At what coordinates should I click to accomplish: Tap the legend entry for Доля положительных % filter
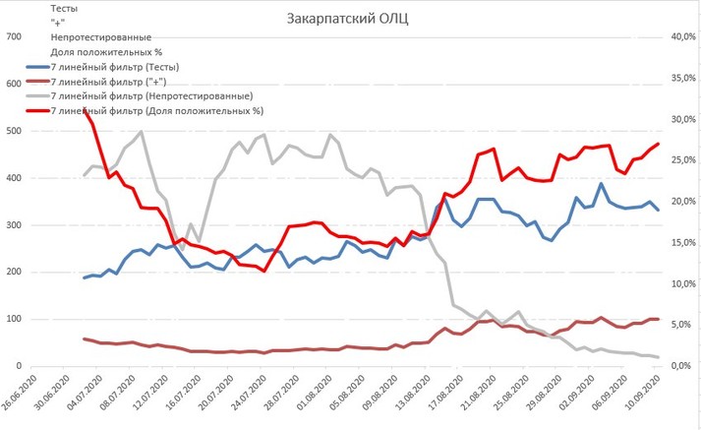[154, 111]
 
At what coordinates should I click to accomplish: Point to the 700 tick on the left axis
[14, 37]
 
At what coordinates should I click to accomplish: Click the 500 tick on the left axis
[14, 131]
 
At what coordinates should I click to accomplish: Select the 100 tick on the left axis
[14, 320]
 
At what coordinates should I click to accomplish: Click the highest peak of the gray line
[142, 132]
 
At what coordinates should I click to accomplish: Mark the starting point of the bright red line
[86, 109]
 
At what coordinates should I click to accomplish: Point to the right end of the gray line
[658, 357]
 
